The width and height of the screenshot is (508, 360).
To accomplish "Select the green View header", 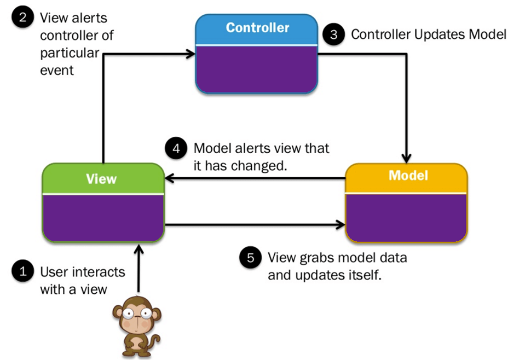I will point(103,178).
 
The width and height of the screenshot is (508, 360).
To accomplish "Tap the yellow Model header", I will point(407,176).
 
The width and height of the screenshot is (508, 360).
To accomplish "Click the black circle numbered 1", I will point(22,271).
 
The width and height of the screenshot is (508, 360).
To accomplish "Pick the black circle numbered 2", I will point(22,17).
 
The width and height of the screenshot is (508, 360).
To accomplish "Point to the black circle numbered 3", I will point(333,35).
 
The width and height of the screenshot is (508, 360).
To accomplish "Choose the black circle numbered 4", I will point(176,149).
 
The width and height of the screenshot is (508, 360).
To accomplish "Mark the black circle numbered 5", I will point(250,258).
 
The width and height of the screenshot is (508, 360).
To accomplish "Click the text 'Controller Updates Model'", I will point(429,35).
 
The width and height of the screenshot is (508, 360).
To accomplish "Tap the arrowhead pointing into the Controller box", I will point(191,54).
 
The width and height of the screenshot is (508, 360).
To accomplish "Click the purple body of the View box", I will point(103,218).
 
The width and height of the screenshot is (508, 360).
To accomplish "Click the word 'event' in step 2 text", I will point(57,71).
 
